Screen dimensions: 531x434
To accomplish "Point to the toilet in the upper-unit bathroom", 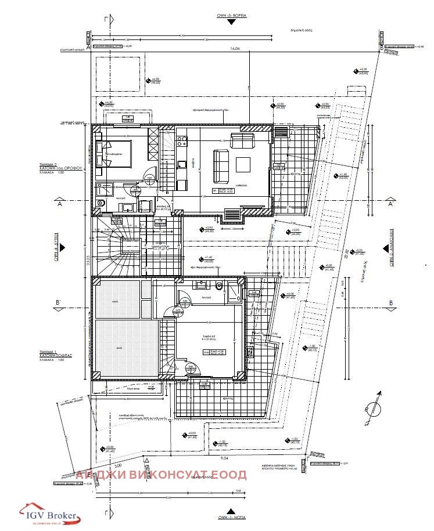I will [x=101, y=203].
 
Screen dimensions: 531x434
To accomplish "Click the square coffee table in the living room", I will [x=242, y=162].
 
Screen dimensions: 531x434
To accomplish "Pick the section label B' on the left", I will [x=58, y=303].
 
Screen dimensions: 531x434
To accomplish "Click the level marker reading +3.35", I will [x=364, y=70].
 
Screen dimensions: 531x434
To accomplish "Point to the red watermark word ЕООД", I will [x=231, y=475].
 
